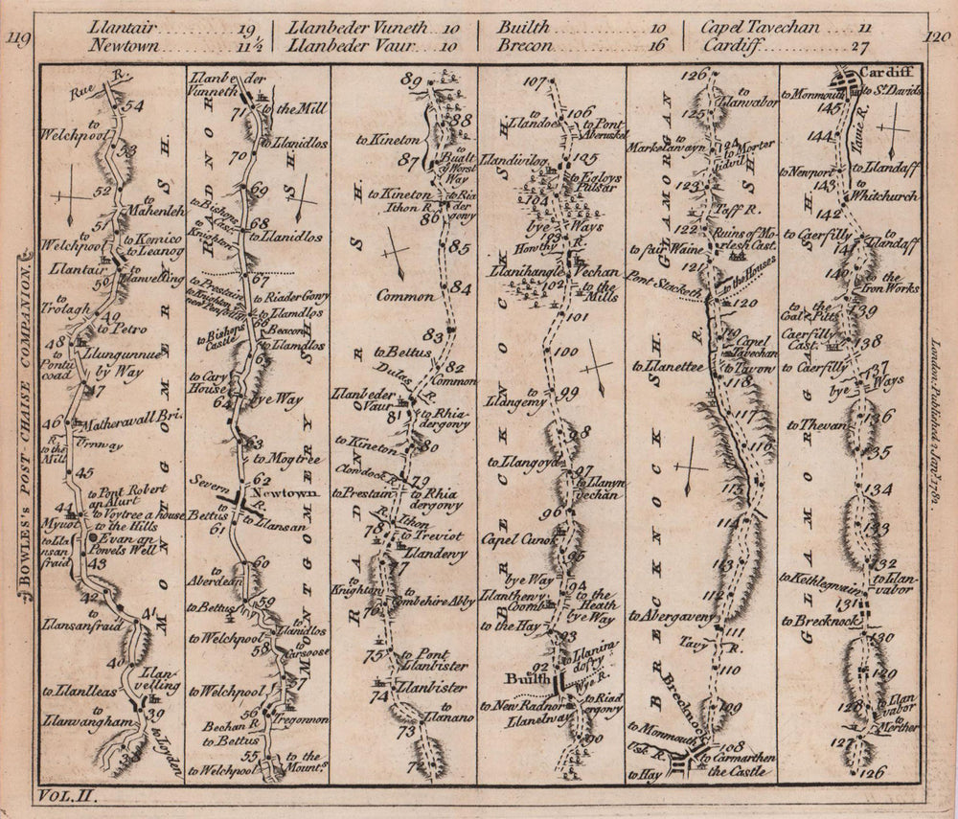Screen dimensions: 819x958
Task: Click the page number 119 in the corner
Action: [18, 39]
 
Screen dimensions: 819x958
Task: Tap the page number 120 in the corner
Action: [940, 39]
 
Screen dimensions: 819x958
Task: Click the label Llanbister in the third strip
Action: [435, 687]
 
